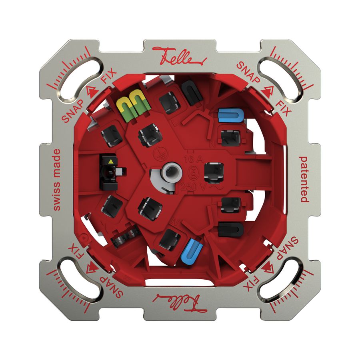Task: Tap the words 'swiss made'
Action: tap(57, 180)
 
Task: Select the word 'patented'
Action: tap(304, 180)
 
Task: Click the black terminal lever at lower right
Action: tap(231, 228)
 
